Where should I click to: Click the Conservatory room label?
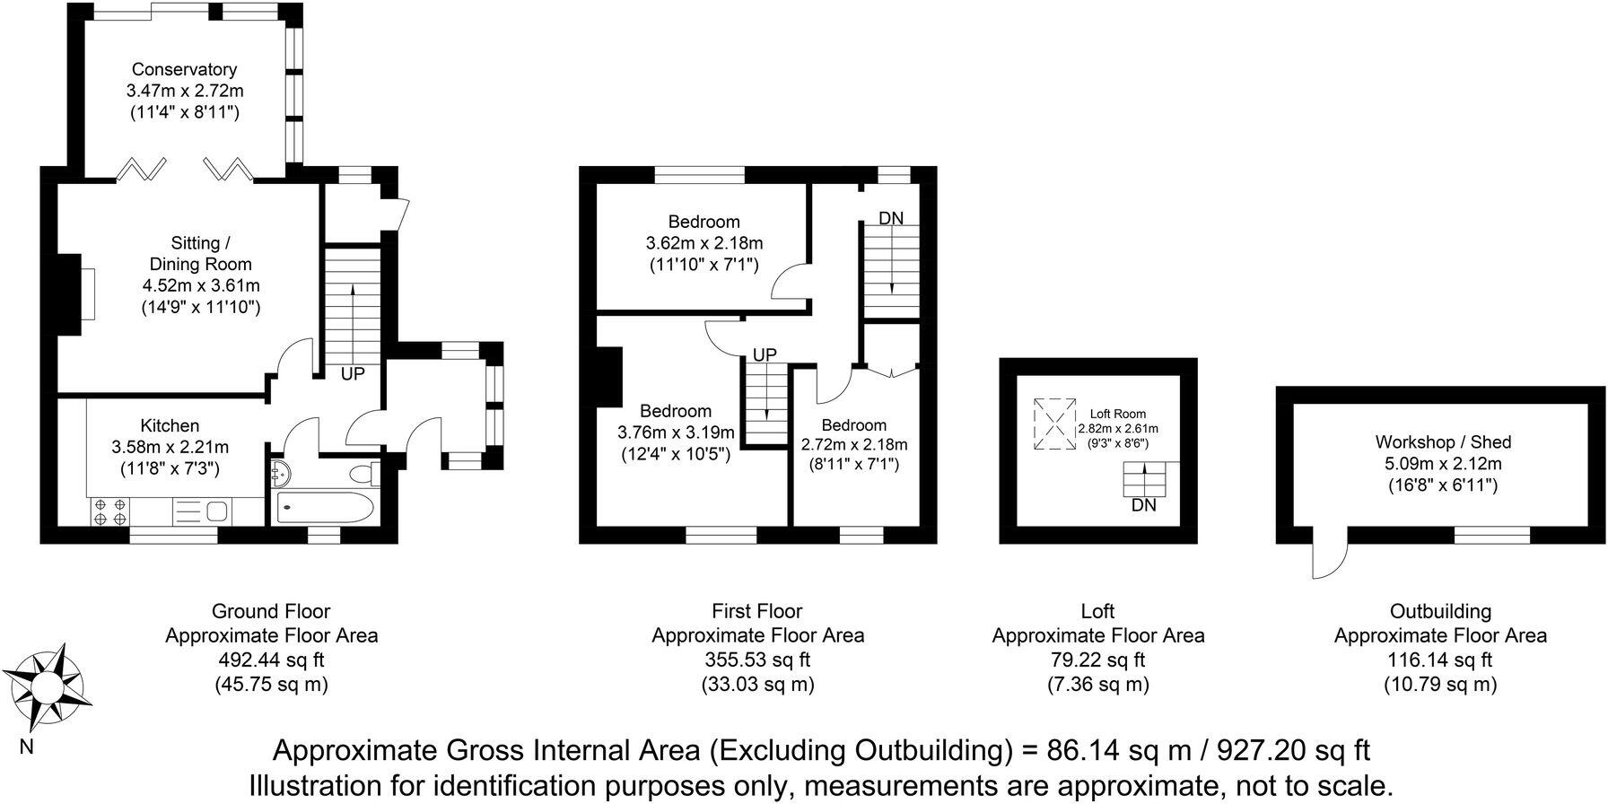tap(184, 69)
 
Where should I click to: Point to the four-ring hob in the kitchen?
tap(109, 512)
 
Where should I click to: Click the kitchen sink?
tap(215, 512)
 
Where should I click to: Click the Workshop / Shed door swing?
tap(1329, 559)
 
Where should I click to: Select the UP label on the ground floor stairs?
tap(353, 373)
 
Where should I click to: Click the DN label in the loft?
tap(1144, 505)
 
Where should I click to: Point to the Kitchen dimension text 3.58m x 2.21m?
tap(170, 447)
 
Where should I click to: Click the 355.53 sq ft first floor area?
tap(757, 660)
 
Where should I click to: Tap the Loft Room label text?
tap(1118, 414)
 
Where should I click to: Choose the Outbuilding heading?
tap(1440, 611)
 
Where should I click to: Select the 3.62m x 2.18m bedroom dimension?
tap(703, 243)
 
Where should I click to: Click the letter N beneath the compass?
tap(26, 747)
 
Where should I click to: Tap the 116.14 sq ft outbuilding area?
tap(1440, 660)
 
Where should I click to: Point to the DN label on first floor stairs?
tap(891, 218)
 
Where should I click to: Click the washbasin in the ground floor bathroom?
tap(277, 471)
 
